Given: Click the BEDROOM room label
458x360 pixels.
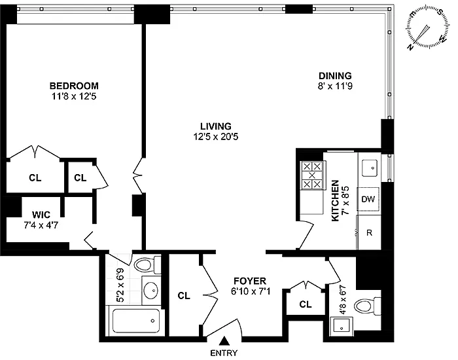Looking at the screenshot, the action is click(75, 86).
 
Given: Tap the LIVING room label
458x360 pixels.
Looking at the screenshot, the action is click(217, 126).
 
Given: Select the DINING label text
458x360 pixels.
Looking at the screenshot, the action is click(335, 75).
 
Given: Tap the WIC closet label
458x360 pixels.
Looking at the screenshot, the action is click(33, 215).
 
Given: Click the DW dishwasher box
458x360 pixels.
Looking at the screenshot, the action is click(368, 200).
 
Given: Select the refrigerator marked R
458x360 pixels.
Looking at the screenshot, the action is click(368, 232).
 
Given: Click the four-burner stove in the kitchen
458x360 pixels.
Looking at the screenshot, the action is click(312, 175).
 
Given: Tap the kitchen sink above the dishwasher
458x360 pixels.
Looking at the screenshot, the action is click(368, 168).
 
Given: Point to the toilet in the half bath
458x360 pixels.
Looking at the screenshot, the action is click(362, 306).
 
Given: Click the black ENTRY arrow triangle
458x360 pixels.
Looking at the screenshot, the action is click(224, 340).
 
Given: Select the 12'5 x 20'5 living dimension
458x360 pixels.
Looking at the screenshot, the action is click(217, 137).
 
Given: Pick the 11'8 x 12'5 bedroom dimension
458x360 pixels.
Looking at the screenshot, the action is click(75, 97).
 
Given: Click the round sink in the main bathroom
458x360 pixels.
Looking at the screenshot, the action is click(150, 289).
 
